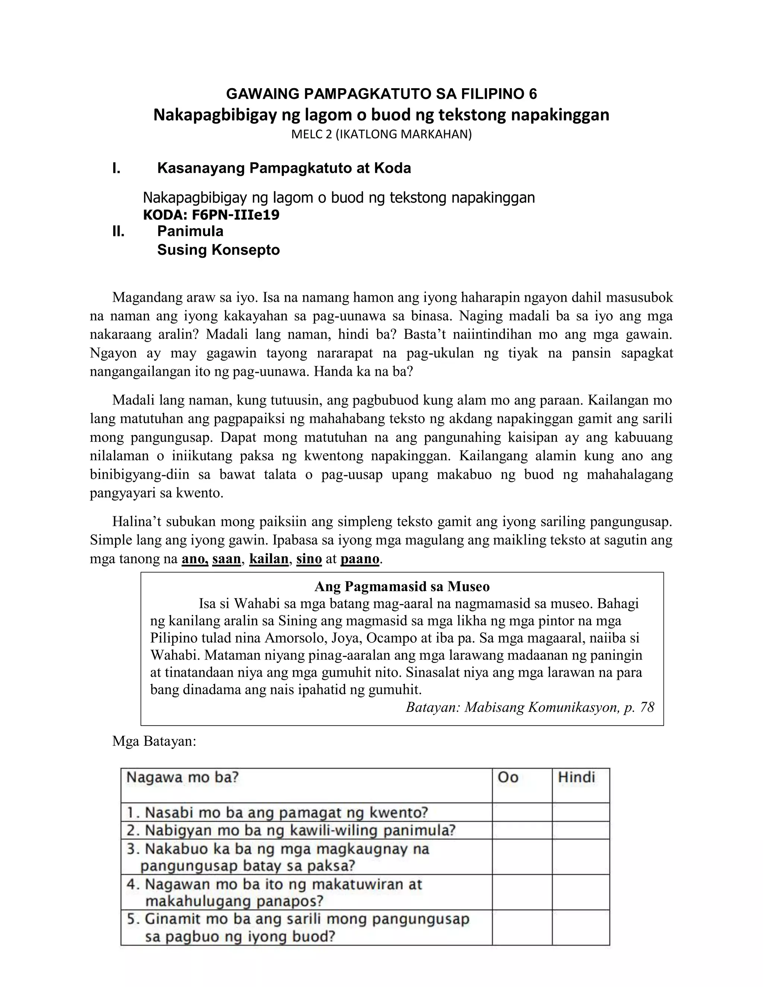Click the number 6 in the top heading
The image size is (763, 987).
(532, 93)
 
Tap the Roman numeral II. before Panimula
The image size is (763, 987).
(118, 231)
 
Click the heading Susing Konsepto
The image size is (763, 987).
(218, 250)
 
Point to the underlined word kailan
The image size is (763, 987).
(269, 559)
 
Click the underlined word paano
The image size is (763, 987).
(360, 559)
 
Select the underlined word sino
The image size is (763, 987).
(309, 559)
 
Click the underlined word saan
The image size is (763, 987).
(227, 559)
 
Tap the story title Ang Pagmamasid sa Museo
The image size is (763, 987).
(402, 587)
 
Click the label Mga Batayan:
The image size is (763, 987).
(154, 742)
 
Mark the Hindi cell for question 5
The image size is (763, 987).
(580, 927)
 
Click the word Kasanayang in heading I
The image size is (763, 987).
(201, 169)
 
